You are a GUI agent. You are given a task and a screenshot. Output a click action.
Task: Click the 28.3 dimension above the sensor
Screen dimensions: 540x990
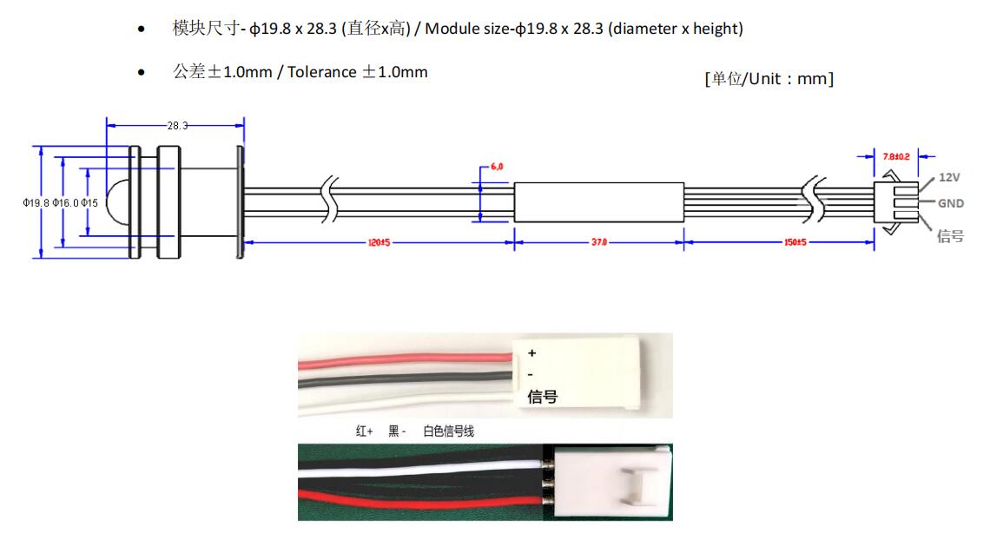pyautogui.click(x=177, y=126)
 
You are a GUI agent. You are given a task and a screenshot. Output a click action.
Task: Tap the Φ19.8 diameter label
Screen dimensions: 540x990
pyautogui.click(x=36, y=203)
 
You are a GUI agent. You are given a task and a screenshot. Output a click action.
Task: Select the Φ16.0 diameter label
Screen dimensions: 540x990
pyautogui.click(x=66, y=203)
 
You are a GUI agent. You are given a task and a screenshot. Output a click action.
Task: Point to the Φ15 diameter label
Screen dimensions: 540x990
pyautogui.click(x=90, y=203)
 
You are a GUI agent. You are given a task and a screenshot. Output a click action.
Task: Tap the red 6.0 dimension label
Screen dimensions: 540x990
pyautogui.click(x=497, y=166)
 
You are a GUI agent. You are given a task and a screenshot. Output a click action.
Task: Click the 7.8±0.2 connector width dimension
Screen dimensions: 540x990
pyautogui.click(x=895, y=156)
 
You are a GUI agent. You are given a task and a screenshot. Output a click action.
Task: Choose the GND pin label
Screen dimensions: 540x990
pyautogui.click(x=950, y=203)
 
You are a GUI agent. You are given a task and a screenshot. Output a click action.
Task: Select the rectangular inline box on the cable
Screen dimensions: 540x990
pyautogui.click(x=598, y=202)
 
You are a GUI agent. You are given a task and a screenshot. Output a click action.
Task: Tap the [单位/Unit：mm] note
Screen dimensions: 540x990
pyautogui.click(x=769, y=79)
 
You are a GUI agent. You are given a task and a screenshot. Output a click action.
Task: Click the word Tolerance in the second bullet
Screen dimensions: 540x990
pyautogui.click(x=321, y=72)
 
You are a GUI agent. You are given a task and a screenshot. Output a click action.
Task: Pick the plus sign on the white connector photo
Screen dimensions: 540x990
pyautogui.click(x=532, y=353)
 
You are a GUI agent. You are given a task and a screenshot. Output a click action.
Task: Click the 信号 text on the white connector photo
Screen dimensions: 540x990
pyautogui.click(x=543, y=397)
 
